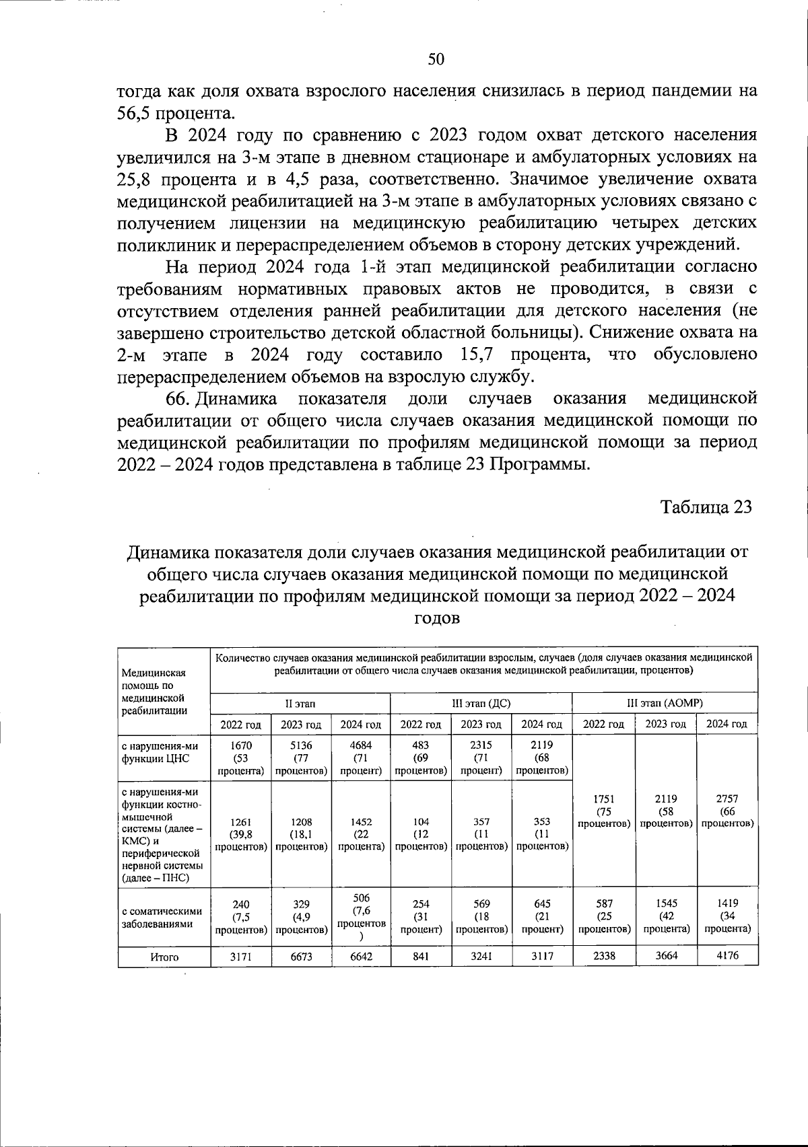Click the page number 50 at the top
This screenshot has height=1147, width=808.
[x=436, y=59]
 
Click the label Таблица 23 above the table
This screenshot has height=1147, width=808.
[x=705, y=507]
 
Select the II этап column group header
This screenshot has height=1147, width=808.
[x=300, y=703]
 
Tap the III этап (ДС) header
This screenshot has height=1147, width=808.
[x=481, y=703]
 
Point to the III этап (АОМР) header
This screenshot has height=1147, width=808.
[x=665, y=703]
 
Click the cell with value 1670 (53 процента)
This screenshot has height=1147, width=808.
[x=241, y=757]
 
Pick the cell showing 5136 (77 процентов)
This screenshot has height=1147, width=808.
[x=301, y=757]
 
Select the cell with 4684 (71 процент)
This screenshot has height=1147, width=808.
[x=361, y=757]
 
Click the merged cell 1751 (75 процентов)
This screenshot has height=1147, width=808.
[x=603, y=811]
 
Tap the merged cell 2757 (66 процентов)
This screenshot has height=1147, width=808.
[x=727, y=811]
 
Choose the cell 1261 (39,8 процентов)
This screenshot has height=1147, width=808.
[x=241, y=834]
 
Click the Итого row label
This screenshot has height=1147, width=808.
[x=164, y=957]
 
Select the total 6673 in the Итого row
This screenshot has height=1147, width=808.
[x=301, y=956]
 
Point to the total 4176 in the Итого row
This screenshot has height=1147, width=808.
[x=727, y=956]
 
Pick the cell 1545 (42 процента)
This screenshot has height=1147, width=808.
[x=665, y=916]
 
